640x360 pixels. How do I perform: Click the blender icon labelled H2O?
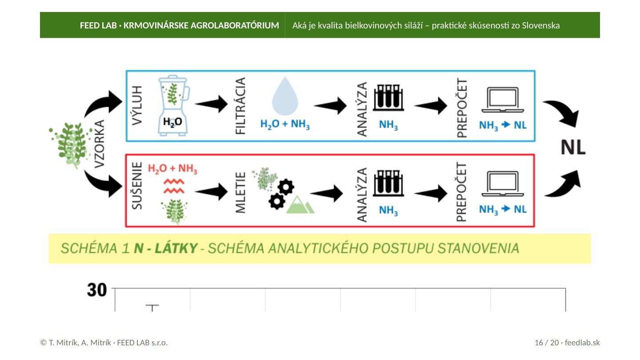pyautogui.click(x=173, y=105)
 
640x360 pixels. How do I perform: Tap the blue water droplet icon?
pyautogui.click(x=285, y=96)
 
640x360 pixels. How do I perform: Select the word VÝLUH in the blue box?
pyautogui.click(x=137, y=105)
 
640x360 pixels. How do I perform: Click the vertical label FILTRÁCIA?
pyautogui.click(x=240, y=106)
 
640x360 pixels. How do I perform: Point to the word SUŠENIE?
pyautogui.click(x=137, y=186)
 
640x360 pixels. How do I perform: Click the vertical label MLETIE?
pyautogui.click(x=240, y=192)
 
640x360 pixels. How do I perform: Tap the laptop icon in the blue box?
pyautogui.click(x=503, y=100)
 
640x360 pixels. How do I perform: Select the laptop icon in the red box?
pyautogui.click(x=503, y=184)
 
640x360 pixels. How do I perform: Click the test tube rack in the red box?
pyautogui.click(x=388, y=183)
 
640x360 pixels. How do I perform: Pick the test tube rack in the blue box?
pyautogui.click(x=388, y=97)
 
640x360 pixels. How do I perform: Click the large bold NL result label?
pyautogui.click(x=573, y=148)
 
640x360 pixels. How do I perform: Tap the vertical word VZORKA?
pyautogui.click(x=100, y=144)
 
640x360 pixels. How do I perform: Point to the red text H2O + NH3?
pyautogui.click(x=172, y=168)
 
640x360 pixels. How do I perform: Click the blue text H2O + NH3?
pyautogui.click(x=285, y=124)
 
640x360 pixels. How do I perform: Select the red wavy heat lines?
pyautogui.click(x=174, y=186)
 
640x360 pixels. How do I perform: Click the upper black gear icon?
pyautogui.click(x=286, y=187)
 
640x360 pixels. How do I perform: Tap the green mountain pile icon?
pyautogui.click(x=300, y=204)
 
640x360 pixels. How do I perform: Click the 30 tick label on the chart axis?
pyautogui.click(x=97, y=290)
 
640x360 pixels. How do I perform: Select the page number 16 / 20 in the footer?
pyautogui.click(x=547, y=343)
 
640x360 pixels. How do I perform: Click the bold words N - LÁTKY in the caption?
pyautogui.click(x=166, y=248)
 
